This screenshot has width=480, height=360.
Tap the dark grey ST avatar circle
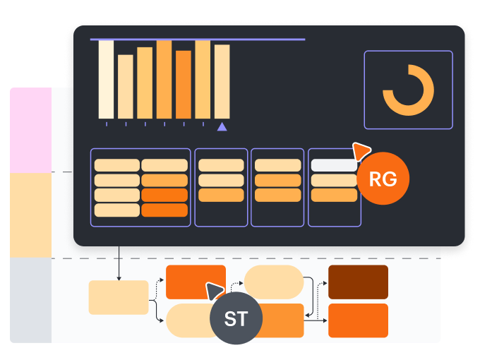[236, 318]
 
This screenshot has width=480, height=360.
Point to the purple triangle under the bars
[222, 126]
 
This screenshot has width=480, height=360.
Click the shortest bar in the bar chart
[126, 86]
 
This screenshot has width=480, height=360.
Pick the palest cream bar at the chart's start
[106, 79]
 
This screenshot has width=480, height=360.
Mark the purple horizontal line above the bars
[198, 40]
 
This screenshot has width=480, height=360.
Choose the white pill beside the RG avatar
[334, 165]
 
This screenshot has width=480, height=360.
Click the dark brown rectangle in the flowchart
[358, 282]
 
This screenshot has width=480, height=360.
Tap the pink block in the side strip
[31, 131]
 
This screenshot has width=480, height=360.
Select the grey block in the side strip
[31, 300]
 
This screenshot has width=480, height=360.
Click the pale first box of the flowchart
[119, 297]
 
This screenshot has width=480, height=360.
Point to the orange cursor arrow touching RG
[361, 150]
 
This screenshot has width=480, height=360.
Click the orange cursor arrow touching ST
[214, 289]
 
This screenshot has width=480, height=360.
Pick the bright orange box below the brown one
[358, 320]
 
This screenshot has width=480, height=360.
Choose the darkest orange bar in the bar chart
[184, 84]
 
